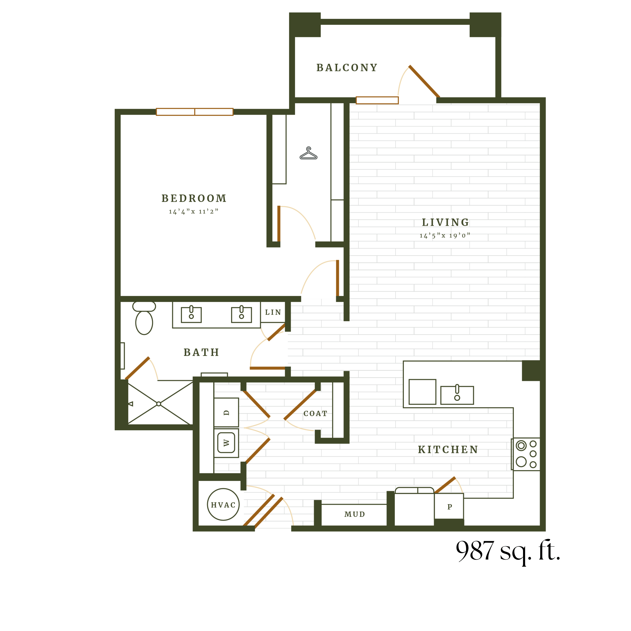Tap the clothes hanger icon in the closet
(x=308, y=154)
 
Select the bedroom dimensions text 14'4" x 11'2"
(x=193, y=212)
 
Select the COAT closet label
(x=315, y=414)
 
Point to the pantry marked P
(x=449, y=507)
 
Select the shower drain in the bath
(x=159, y=404)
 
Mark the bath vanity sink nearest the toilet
(x=191, y=315)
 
